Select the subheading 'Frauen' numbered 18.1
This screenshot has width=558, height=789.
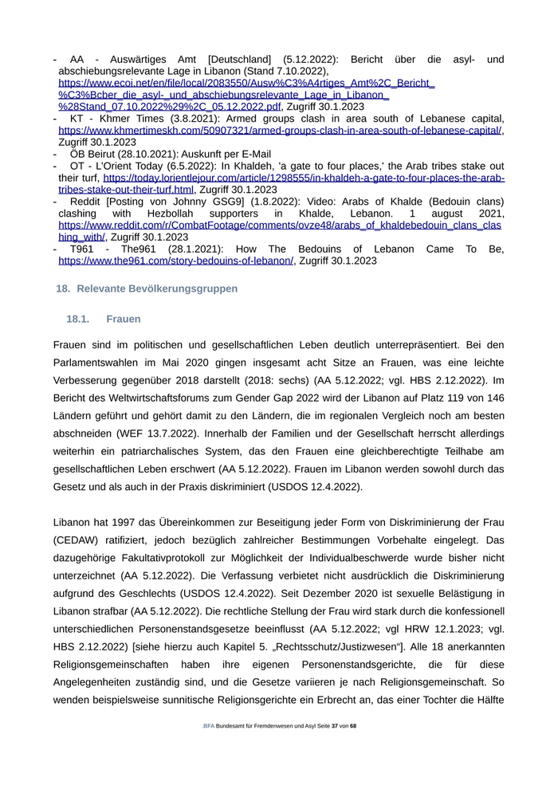point(123,319)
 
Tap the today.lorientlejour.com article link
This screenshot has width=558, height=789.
point(303,178)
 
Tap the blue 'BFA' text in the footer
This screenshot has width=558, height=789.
point(208,727)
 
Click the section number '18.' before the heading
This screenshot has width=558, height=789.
point(62,288)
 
